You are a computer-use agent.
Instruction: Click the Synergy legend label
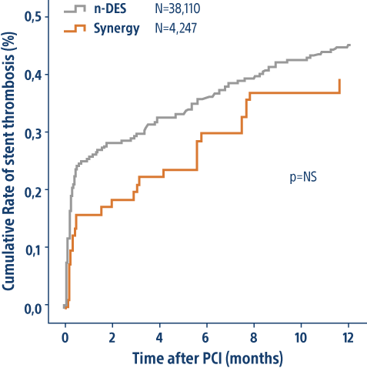[x=116, y=28]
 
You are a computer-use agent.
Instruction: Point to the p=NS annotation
[x=303, y=176]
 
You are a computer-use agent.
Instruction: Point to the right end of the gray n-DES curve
[x=349, y=45]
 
